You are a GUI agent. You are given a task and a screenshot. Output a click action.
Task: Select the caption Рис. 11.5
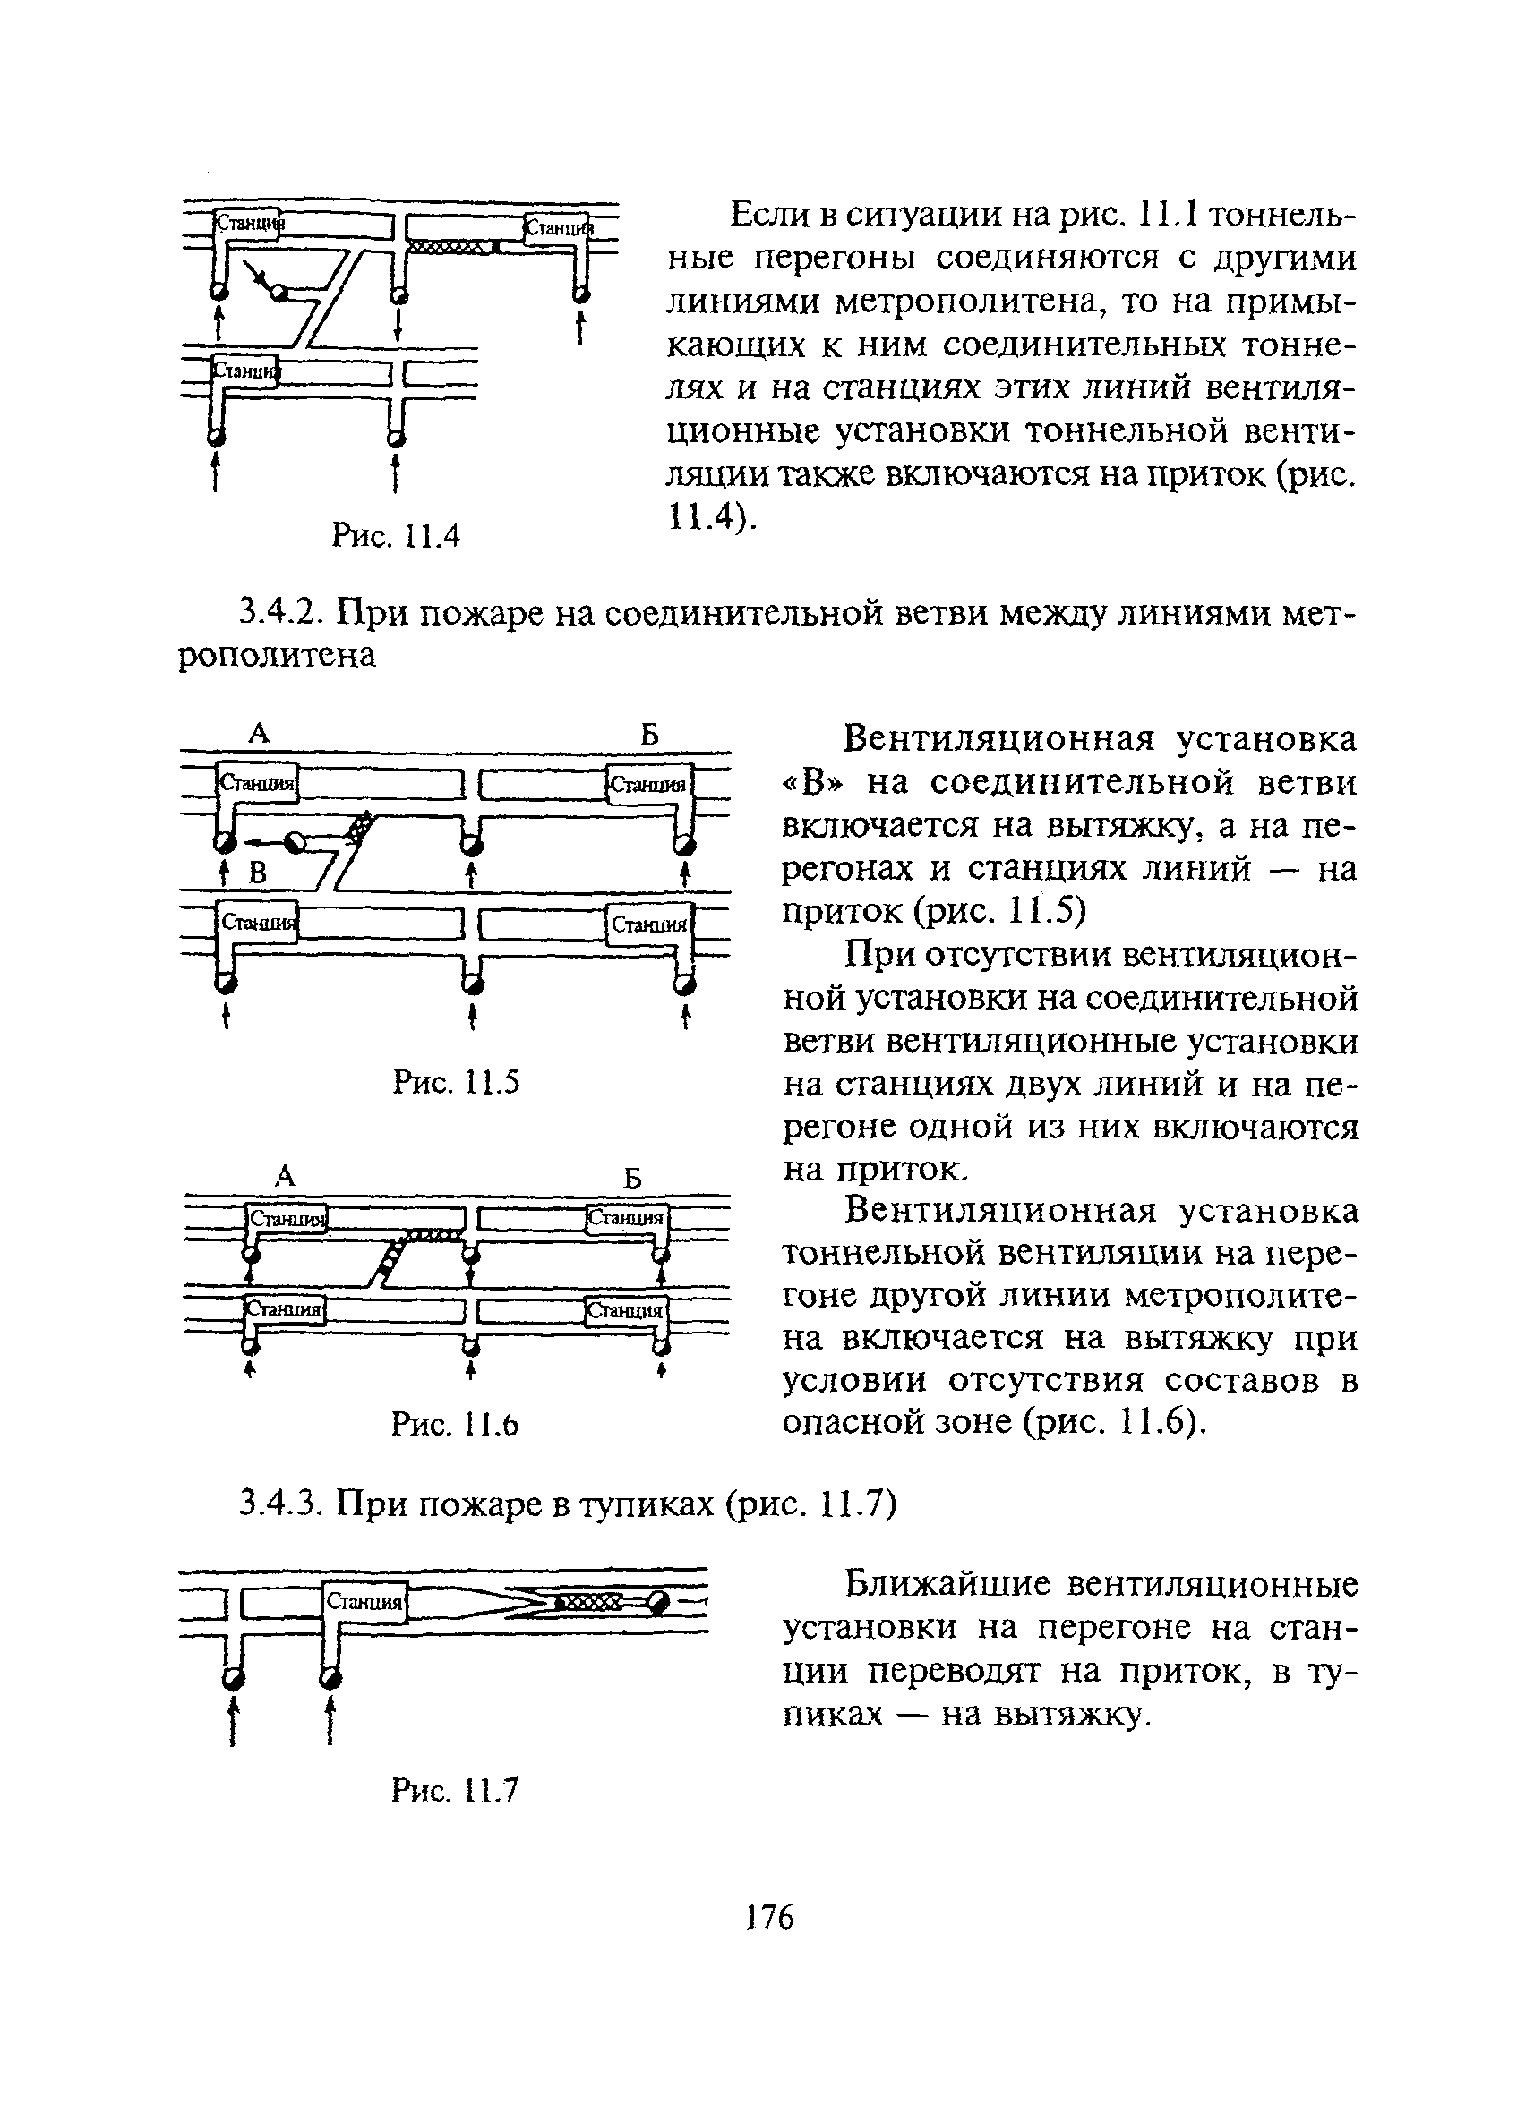click(455, 1083)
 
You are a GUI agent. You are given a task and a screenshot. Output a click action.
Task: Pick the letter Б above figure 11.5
click(649, 735)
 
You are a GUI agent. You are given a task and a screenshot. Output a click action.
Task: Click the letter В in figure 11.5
click(257, 873)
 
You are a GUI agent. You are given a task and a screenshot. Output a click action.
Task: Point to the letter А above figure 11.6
click(285, 1177)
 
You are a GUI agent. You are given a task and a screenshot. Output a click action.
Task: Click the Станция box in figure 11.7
click(364, 1603)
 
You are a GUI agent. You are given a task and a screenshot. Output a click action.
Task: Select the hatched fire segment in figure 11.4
click(451, 247)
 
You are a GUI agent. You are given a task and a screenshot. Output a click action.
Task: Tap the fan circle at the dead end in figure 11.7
click(658, 1601)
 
